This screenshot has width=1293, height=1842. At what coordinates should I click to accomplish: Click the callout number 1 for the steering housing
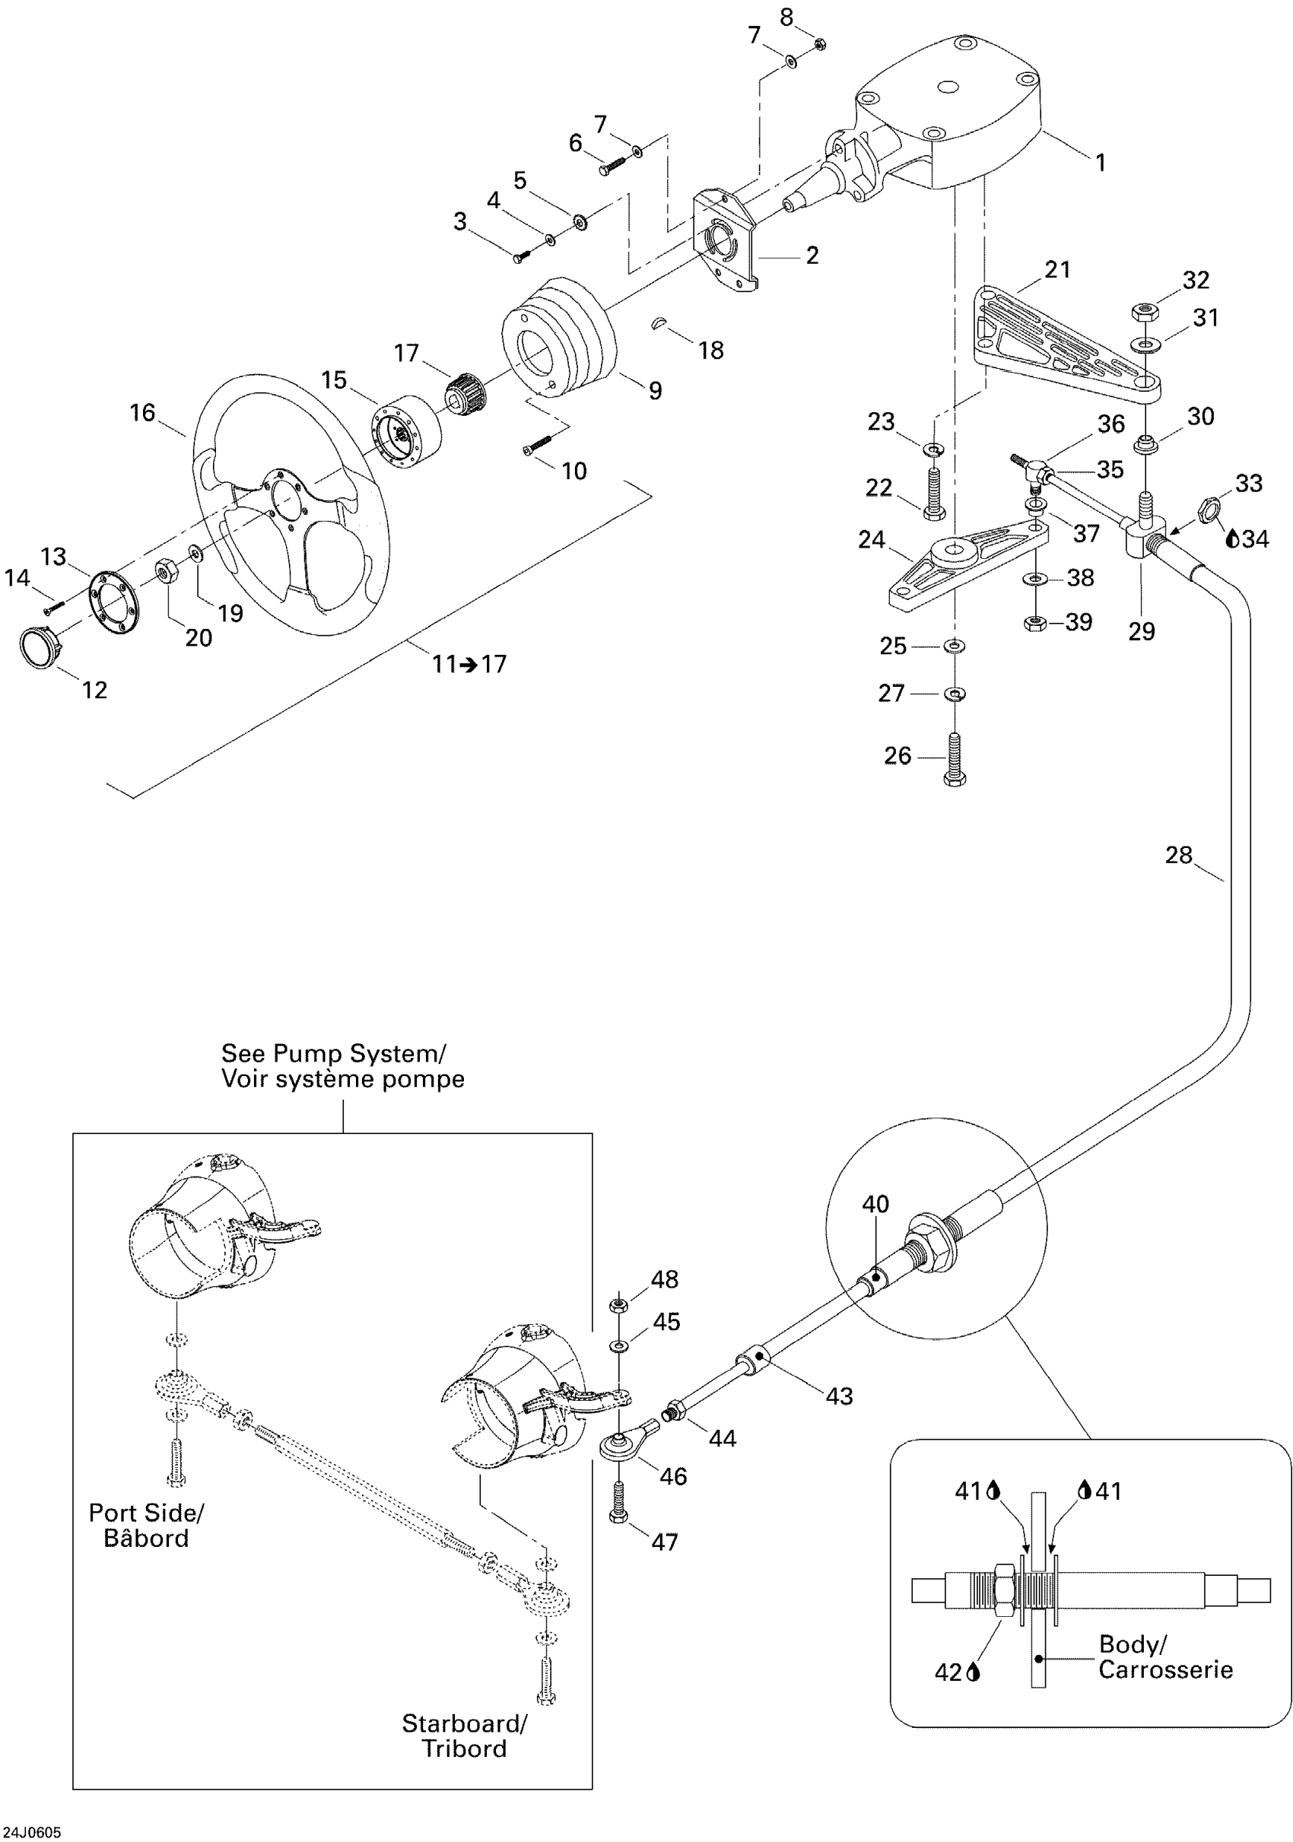click(1101, 163)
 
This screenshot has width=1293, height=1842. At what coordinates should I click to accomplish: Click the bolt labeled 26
click(955, 758)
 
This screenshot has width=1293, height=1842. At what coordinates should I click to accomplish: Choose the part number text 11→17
click(469, 664)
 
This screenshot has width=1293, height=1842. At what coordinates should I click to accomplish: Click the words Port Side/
click(146, 1513)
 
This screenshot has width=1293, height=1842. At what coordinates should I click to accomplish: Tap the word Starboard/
click(465, 1723)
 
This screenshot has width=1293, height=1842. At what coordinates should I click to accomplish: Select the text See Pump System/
click(333, 1053)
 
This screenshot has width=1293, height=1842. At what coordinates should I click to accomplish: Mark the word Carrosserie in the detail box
click(1164, 1670)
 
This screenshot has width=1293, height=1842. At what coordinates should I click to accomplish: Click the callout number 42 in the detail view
click(948, 1672)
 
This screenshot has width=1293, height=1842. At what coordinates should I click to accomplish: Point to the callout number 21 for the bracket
click(1057, 269)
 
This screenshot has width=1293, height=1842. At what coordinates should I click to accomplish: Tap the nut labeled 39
click(1034, 622)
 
